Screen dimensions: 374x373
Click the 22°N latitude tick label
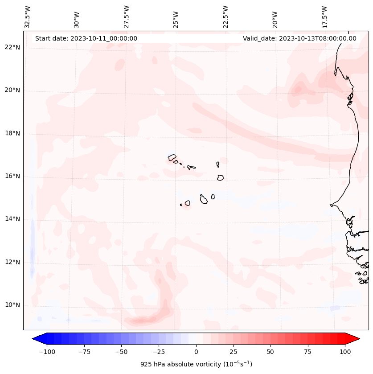[x=12, y=48]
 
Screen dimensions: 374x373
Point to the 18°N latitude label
[x=12, y=133]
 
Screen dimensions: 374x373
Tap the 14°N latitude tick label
[x=12, y=219]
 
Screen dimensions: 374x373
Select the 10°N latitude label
[x=12, y=305]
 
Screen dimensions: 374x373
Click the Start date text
[x=86, y=38]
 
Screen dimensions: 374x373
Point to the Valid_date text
[x=299, y=38]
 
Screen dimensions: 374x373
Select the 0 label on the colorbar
[x=196, y=352]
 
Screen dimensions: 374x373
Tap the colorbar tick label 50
[x=271, y=352]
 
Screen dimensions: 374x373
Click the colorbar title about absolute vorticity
[x=196, y=364]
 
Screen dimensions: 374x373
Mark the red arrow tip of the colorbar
[x=356, y=339]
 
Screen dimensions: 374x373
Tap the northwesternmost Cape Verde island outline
[x=172, y=157]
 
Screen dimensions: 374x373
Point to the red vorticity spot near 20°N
[x=297, y=90]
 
